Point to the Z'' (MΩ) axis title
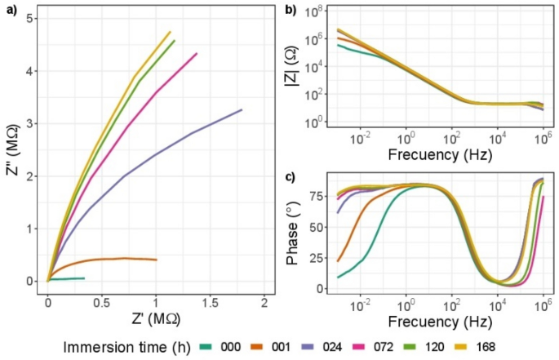click(x=11, y=152)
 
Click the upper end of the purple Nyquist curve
click(x=242, y=109)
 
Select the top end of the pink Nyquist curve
click(x=197, y=54)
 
